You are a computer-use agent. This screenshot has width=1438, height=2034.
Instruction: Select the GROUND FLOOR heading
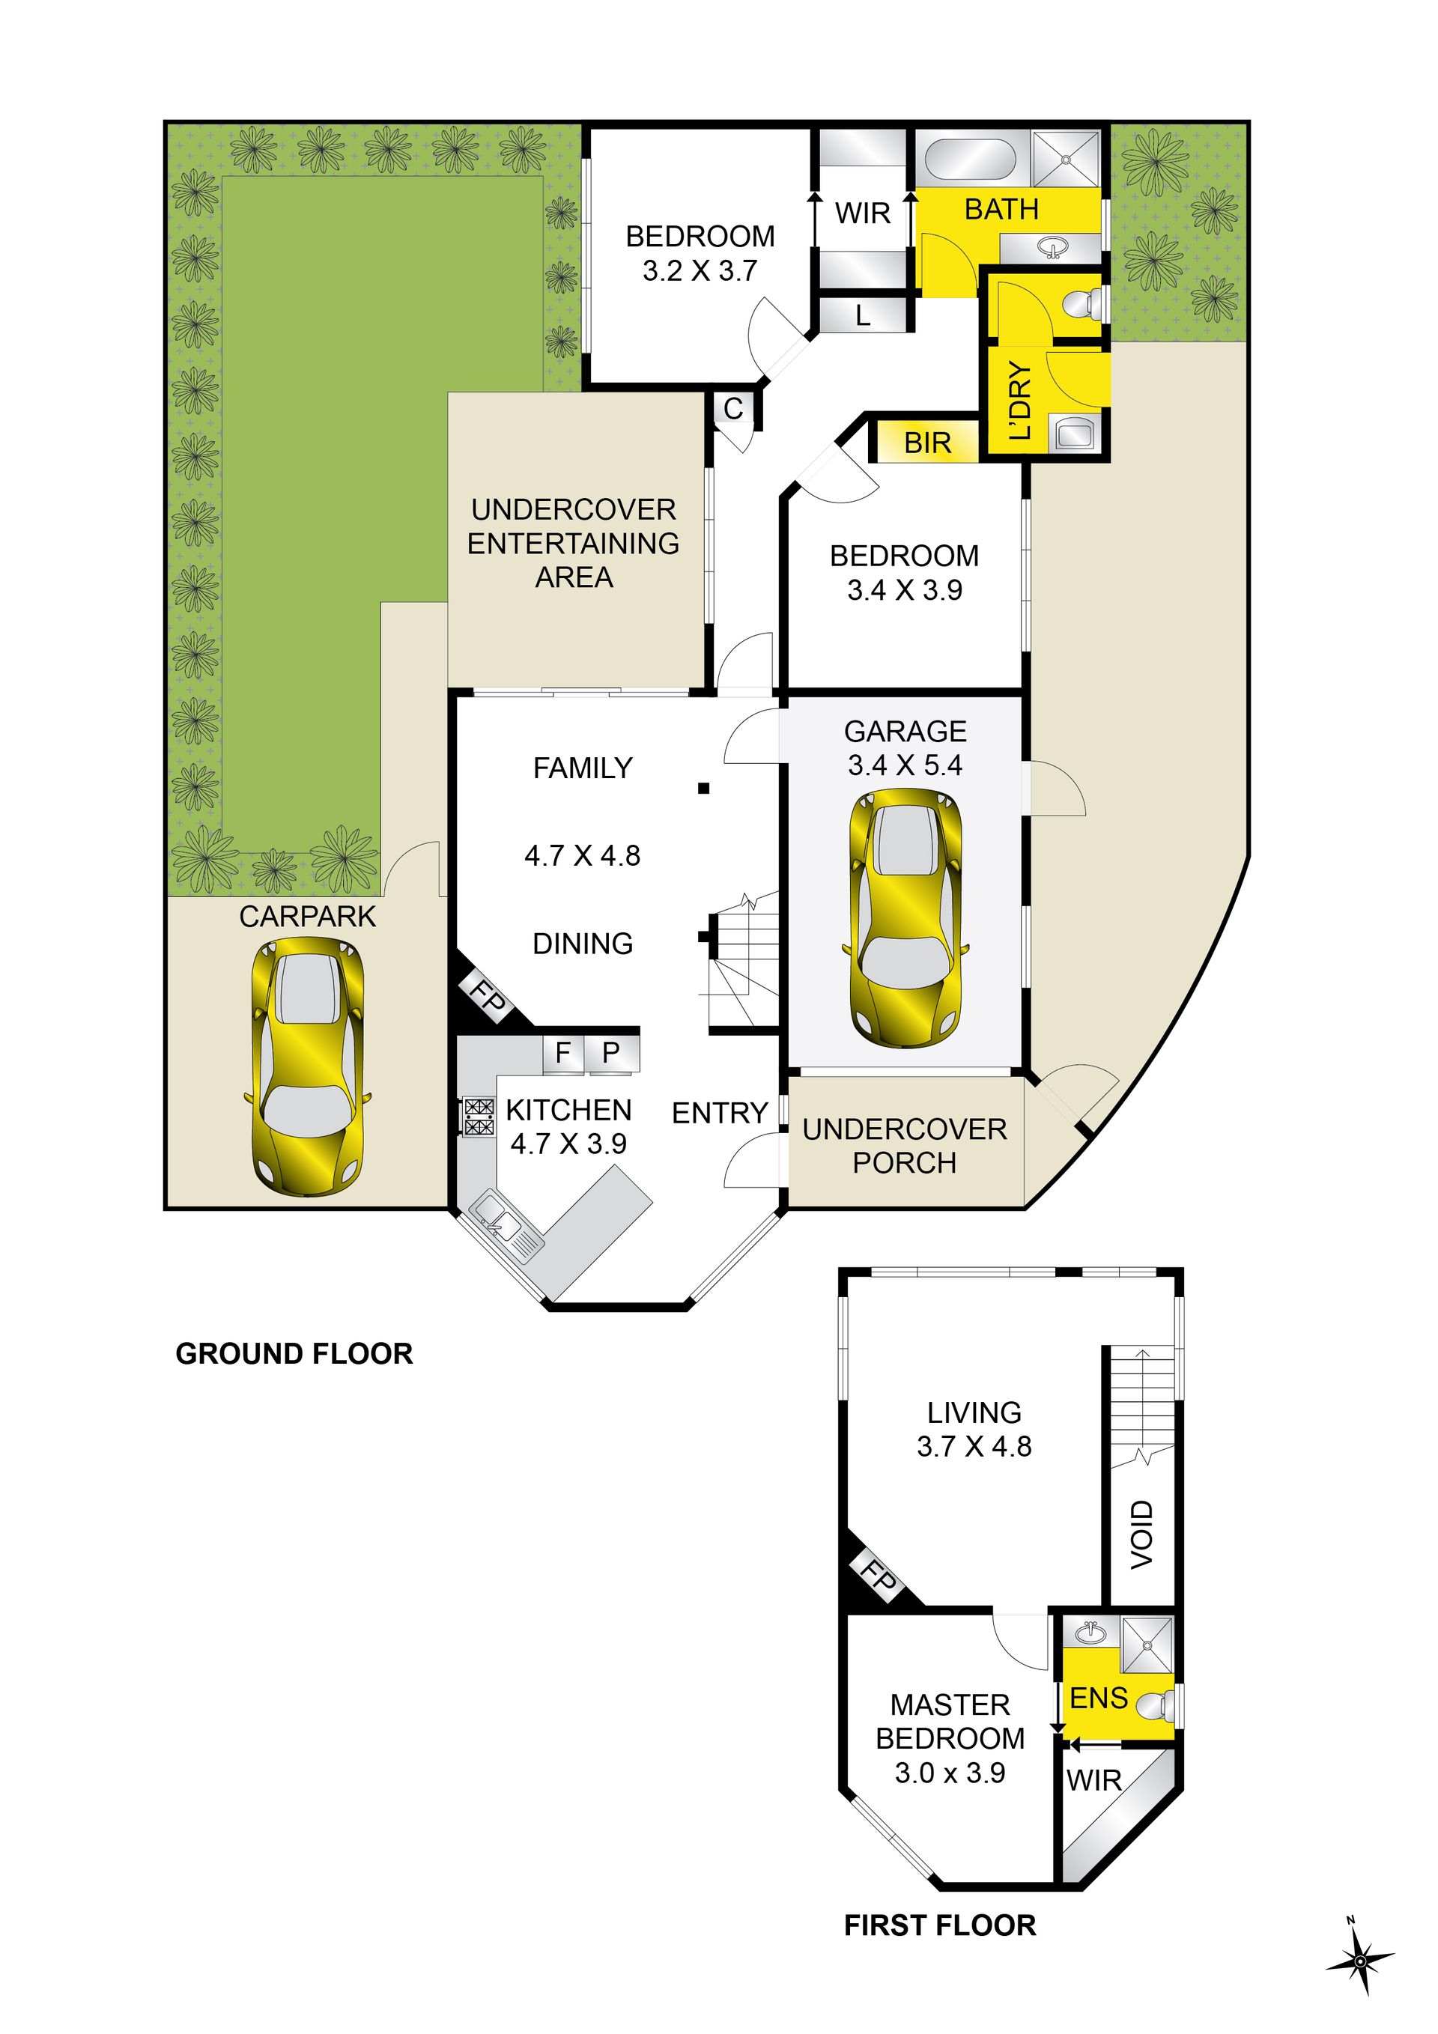coord(294,1354)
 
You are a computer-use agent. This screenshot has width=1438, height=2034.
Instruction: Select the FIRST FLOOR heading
coord(940,1925)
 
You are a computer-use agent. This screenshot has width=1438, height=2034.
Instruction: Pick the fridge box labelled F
coord(562,1052)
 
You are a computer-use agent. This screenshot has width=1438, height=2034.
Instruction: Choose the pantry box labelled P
coord(611,1052)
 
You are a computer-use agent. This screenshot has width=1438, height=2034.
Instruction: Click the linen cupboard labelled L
coord(863,315)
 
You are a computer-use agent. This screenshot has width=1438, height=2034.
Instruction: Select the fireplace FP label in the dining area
coord(486,997)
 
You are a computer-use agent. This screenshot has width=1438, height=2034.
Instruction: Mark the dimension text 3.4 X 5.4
coord(905,765)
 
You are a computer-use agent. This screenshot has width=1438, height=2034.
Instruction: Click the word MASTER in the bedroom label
coord(950,1704)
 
